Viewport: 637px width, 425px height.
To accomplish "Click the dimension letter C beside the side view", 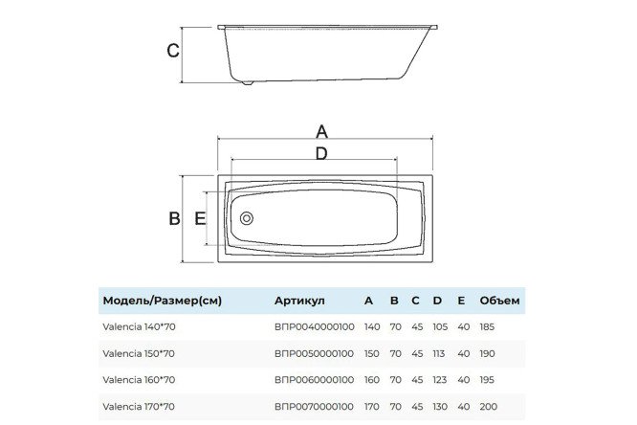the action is coord(173,51).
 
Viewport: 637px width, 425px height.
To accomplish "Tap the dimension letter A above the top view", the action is coord(321,132).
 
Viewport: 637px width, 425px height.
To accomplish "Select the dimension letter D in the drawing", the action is coord(321,154).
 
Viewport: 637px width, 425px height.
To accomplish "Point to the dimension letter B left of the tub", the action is coord(174,218).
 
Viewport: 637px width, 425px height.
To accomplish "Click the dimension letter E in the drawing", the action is coord(200,218).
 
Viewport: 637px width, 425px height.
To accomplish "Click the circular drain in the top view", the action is coord(247,218).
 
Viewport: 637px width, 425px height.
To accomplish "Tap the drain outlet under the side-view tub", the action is coord(247,82).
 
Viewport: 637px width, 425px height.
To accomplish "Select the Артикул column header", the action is coord(299,301).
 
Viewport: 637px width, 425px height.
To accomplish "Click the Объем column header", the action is coord(499,301).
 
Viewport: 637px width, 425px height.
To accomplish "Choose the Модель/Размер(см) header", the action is coord(162,301).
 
